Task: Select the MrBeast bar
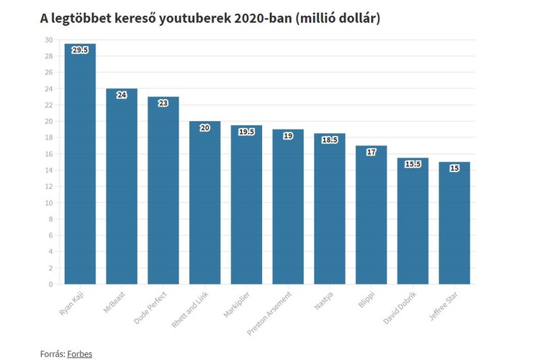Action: (x=122, y=186)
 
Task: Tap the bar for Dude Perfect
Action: (x=163, y=191)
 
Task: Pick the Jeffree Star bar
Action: (x=454, y=223)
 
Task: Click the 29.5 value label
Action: (x=80, y=50)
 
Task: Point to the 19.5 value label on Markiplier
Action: (x=246, y=132)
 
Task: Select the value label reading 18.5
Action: (x=329, y=140)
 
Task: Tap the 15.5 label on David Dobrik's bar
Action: (x=413, y=164)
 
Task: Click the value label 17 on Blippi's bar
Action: (x=371, y=152)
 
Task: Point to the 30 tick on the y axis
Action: (x=48, y=40)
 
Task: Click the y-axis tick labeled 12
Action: (x=48, y=186)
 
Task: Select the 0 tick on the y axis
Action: (x=50, y=284)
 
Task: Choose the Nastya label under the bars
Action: (x=323, y=299)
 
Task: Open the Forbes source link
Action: (x=80, y=354)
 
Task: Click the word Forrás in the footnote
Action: (x=52, y=354)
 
